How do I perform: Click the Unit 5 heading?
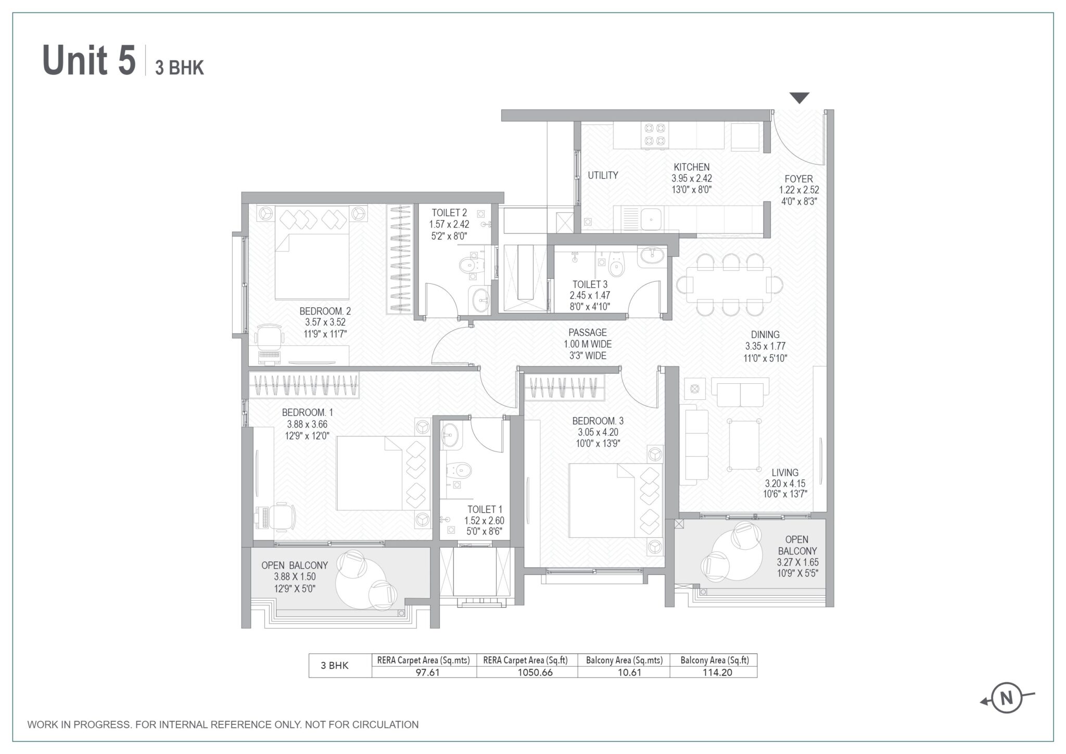pyautogui.click(x=89, y=61)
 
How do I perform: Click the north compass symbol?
pyautogui.click(x=1007, y=698)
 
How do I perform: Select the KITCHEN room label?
pyautogui.click(x=691, y=167)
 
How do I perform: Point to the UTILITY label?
pyautogui.click(x=603, y=175)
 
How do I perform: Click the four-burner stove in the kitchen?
pyautogui.click(x=654, y=134)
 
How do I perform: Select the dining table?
pyautogui.click(x=729, y=284)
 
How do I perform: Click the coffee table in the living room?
pyautogui.click(x=743, y=445)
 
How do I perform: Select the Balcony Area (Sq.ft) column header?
pyautogui.click(x=714, y=660)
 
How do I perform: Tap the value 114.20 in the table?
pyautogui.click(x=714, y=672)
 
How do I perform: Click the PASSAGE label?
pyautogui.click(x=587, y=332)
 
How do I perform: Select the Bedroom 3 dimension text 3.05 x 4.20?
pyautogui.click(x=598, y=432)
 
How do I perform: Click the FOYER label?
pyautogui.click(x=798, y=179)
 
